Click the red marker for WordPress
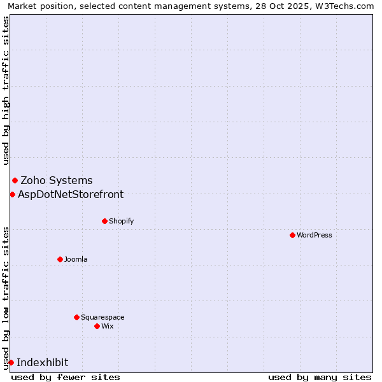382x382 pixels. (292, 235)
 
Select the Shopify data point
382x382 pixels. (104, 221)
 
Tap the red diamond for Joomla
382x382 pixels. (60, 259)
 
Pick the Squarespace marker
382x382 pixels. (76, 317)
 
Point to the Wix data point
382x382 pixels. (97, 326)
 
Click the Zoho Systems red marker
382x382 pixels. (15, 181)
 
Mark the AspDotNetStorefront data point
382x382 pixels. (12, 194)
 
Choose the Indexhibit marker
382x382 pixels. (11, 362)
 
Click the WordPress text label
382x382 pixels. (315, 236)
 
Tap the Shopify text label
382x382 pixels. (122, 222)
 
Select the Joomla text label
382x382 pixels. (76, 260)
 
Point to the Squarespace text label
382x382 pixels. (103, 318)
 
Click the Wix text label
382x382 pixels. (108, 327)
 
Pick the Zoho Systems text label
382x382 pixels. (57, 181)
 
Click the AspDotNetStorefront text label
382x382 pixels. (71, 195)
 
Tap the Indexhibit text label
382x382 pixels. (42, 363)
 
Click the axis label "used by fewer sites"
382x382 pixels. (66, 377)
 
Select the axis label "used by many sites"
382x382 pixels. (320, 377)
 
